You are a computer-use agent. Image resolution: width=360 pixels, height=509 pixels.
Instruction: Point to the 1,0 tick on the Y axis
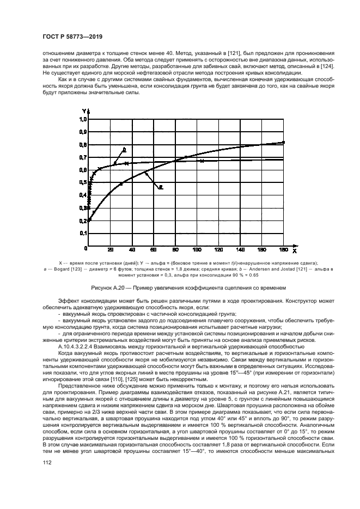coord(83,119)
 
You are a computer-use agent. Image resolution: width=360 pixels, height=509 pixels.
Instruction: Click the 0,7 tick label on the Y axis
coord(83,157)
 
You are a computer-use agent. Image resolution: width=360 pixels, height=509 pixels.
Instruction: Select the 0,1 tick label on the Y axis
coord(83,233)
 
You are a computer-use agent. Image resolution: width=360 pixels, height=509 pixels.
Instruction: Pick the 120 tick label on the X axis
coord(218,250)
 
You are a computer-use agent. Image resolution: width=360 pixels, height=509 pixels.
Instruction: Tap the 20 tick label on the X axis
coord(111,250)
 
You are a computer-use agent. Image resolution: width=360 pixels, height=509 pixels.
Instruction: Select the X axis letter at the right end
coord(294,251)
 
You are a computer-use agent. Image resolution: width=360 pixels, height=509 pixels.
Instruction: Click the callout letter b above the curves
coord(125,149)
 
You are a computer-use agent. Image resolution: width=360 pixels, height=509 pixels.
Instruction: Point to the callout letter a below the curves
coord(161,187)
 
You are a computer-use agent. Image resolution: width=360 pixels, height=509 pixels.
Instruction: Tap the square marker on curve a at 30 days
coord(121,184)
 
